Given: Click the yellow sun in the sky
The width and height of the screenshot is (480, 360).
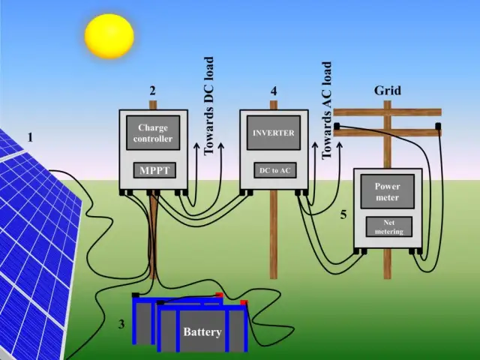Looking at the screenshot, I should click(109, 35).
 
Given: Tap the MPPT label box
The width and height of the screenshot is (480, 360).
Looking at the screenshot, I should click(154, 170).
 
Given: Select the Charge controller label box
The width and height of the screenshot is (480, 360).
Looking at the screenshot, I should click(154, 133).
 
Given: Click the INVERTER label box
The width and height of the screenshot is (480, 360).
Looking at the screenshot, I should click(274, 133).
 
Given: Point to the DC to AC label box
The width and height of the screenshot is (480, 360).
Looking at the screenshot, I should click(274, 171).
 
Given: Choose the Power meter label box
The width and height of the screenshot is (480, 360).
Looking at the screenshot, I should click(388, 192).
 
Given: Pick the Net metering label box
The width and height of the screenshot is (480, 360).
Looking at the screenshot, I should click(388, 226).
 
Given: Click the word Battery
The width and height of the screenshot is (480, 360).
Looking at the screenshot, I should click(202, 331).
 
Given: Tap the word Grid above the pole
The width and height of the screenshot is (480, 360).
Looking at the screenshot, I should click(388, 91).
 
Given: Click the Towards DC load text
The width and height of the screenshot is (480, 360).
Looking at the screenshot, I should click(209, 106).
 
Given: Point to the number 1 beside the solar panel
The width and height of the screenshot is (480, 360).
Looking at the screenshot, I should click(31, 137).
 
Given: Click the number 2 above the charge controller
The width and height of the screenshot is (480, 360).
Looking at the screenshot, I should click(153, 91).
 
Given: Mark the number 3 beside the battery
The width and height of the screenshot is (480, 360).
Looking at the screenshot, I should click(121, 325).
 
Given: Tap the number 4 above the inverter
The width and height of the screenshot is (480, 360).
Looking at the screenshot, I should click(274, 91).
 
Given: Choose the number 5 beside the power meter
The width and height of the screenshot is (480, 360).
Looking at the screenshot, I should click(343, 214).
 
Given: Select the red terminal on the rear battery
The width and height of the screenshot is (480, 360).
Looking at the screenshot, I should click(219, 295).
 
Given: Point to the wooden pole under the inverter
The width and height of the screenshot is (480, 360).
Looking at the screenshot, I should click(274, 232).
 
